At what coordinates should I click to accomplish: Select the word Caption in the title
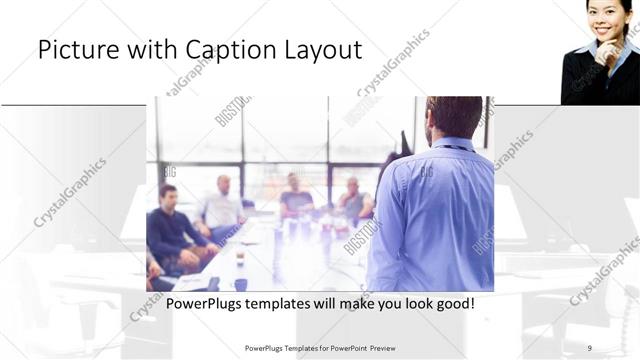231,51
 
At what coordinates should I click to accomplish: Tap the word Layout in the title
325,51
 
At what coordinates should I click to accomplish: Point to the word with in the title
149,51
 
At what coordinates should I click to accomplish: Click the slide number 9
590,348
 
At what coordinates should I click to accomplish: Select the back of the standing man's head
454,116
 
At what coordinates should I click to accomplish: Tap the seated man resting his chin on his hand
296,197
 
